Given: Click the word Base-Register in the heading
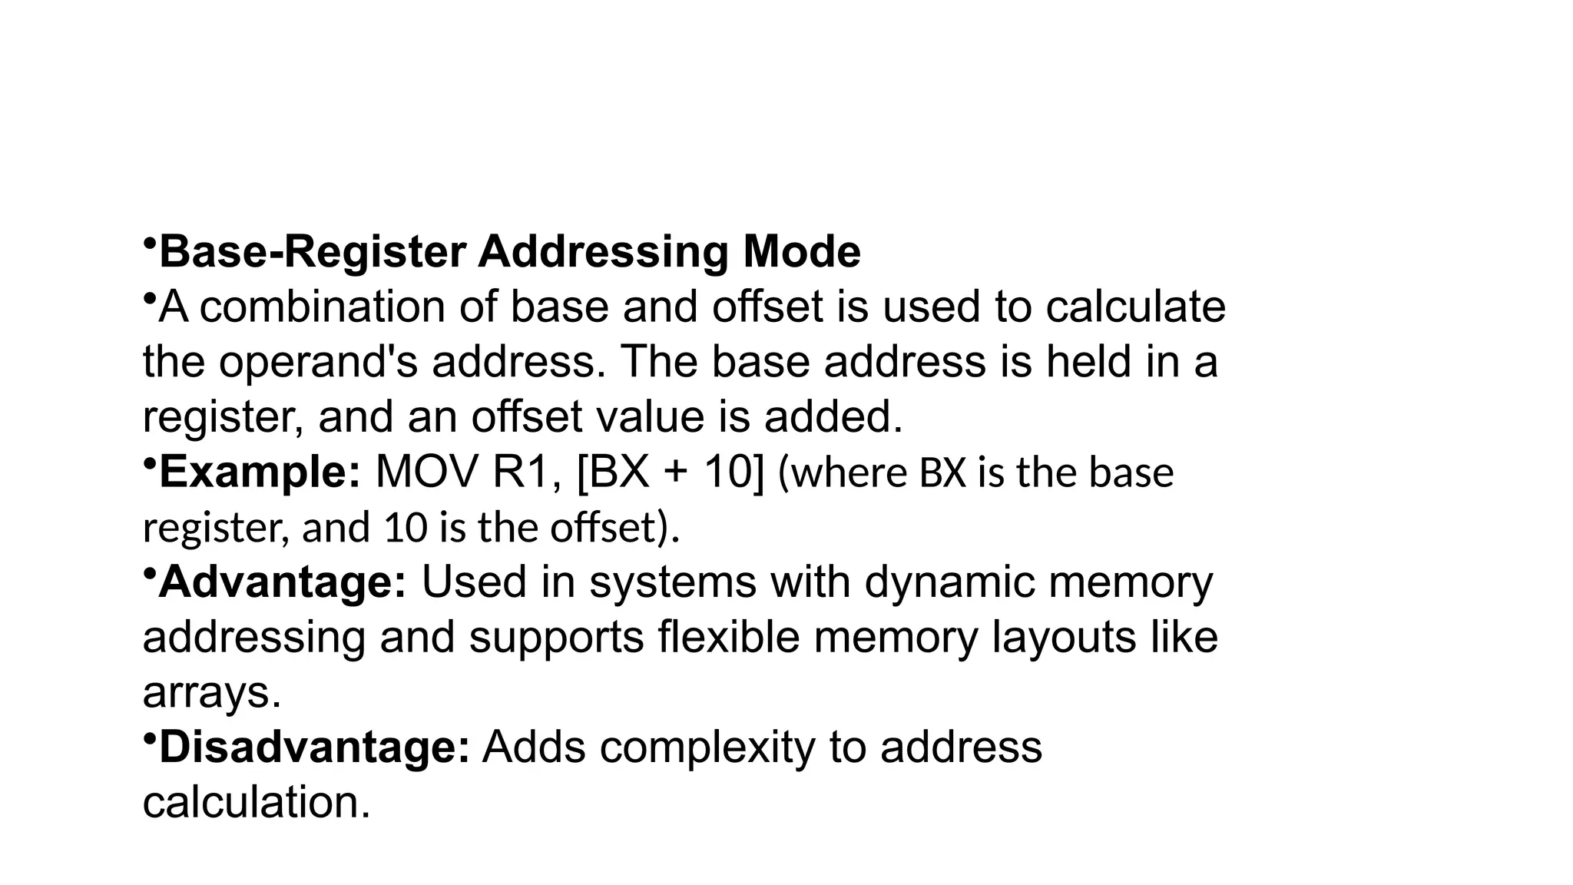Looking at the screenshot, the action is pos(313,252).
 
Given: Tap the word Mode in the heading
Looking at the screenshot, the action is pos(801,252).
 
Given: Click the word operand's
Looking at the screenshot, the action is pos(318,363).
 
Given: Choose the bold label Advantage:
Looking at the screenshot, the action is pos(283,582).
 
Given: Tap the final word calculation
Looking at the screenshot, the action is pos(256,803).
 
